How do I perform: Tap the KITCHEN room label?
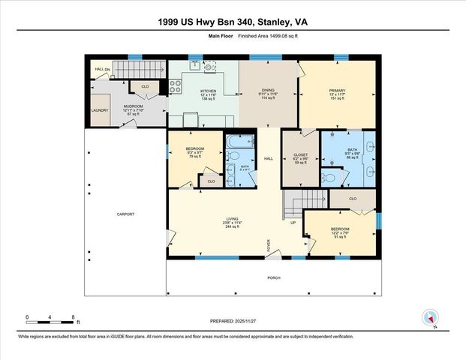208,91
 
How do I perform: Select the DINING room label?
268,90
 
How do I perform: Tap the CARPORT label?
125,214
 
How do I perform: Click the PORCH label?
275,277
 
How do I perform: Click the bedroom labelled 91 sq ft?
339,229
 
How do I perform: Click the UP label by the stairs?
293,223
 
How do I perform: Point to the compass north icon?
430,318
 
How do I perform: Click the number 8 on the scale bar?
73,317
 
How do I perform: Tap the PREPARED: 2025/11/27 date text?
233,320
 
